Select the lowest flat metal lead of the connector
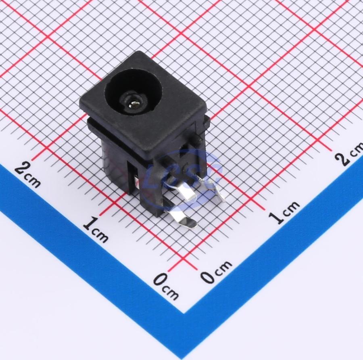(183, 219)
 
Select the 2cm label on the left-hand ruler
(27, 174)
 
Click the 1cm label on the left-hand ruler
(95, 229)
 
